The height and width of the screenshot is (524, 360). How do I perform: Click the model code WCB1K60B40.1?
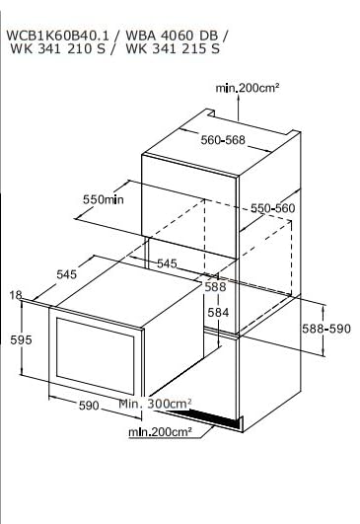[x=57, y=36]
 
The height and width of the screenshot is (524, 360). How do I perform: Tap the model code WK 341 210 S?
[x=57, y=48]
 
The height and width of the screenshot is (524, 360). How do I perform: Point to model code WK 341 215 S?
[x=173, y=48]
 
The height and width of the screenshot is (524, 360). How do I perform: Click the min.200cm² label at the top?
[x=248, y=88]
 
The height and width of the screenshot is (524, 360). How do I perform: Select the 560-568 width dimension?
[x=223, y=140]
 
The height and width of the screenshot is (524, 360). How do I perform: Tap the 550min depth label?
[x=104, y=199]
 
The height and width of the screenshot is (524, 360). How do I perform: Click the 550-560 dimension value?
[x=273, y=208]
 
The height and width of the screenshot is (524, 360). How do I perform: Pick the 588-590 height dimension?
[x=326, y=329]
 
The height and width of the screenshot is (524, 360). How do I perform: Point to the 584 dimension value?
[x=218, y=313]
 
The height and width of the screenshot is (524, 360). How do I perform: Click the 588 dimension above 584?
[x=215, y=287]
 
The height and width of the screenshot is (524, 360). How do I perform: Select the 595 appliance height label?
[x=21, y=339]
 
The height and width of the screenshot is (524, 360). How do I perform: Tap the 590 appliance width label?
[x=89, y=406]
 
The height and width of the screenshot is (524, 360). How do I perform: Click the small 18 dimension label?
[x=16, y=295]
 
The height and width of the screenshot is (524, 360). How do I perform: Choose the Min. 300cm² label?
[x=155, y=404]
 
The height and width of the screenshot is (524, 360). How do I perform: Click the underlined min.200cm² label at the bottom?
[x=161, y=432]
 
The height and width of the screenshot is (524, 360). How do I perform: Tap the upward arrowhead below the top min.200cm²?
[x=238, y=98]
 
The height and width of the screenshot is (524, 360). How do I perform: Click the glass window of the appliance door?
[x=96, y=355]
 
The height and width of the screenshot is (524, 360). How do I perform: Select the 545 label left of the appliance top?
[x=66, y=274]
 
